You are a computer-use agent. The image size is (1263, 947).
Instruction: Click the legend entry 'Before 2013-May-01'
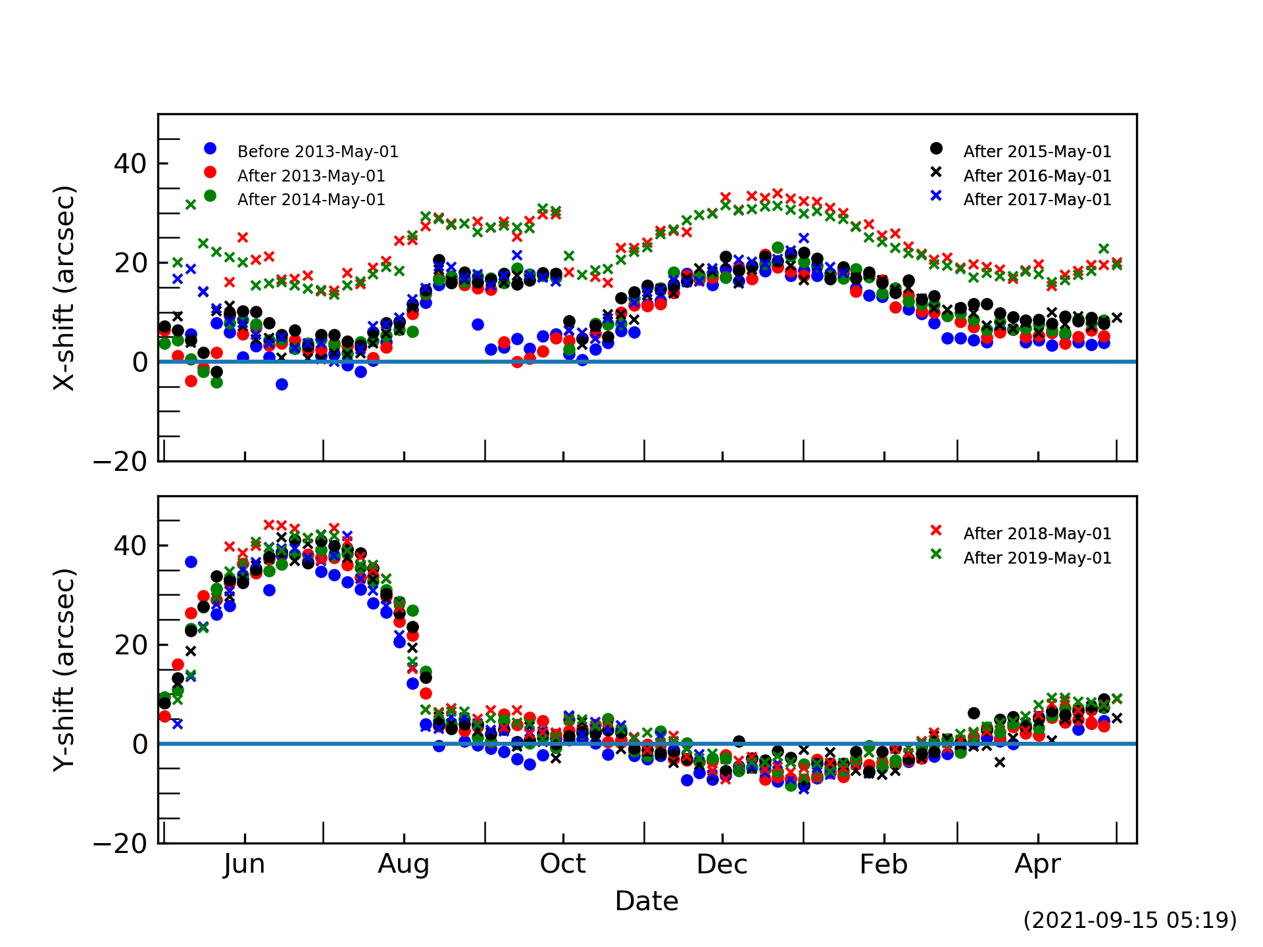click(318, 152)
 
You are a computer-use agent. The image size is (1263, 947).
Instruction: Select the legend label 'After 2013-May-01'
click(311, 176)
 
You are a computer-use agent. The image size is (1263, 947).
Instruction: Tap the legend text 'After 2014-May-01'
click(311, 200)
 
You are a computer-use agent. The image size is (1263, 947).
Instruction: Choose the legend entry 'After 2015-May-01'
click(1037, 152)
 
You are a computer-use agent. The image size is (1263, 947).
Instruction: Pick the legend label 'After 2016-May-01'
click(1037, 176)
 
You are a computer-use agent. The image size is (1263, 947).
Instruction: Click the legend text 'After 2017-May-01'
click(1037, 200)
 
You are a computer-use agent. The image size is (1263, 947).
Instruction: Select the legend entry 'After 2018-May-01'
click(1037, 534)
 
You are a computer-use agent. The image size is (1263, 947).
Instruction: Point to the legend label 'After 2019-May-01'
click(1037, 558)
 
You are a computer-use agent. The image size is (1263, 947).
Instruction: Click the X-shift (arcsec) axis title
click(64, 288)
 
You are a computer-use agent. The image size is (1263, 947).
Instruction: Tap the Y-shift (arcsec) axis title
click(64, 669)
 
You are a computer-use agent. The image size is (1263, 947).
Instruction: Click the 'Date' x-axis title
click(647, 901)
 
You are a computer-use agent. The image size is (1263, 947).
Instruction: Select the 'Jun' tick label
click(245, 864)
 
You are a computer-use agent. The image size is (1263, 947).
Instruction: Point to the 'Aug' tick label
click(404, 864)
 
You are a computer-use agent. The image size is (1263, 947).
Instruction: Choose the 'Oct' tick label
click(563, 864)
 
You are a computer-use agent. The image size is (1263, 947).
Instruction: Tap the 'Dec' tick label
click(722, 864)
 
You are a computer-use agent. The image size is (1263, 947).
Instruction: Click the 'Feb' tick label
click(883, 864)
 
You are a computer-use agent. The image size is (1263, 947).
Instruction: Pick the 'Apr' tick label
click(1038, 864)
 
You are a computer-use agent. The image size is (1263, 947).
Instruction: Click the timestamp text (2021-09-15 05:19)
click(1129, 920)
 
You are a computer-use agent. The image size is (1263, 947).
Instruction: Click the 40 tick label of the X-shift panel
click(130, 164)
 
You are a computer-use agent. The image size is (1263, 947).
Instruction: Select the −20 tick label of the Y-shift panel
click(121, 844)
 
